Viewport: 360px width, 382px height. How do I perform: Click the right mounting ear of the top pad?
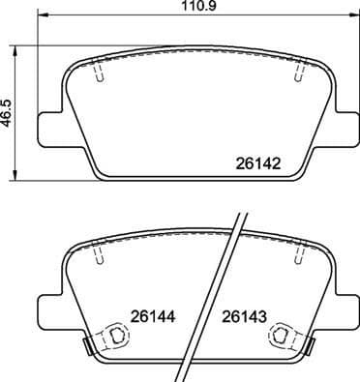click(x=339, y=128)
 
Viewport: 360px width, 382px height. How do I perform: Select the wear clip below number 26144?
click(x=113, y=338)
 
